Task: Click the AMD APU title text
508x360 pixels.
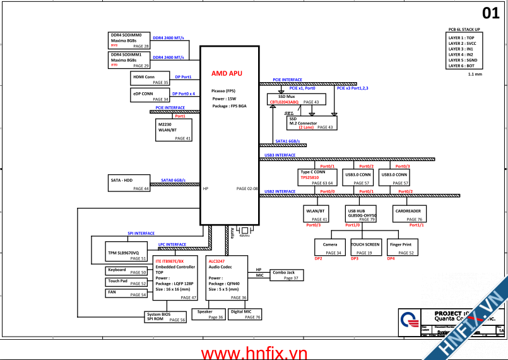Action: (x=227, y=73)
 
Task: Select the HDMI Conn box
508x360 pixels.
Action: (x=150, y=79)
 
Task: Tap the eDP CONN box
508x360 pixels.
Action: (x=150, y=96)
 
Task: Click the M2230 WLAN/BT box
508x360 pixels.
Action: (x=174, y=130)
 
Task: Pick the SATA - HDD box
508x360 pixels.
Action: (x=129, y=183)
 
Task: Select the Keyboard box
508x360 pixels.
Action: (x=126, y=272)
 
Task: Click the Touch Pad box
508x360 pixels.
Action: (x=126, y=282)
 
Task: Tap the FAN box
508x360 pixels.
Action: (x=126, y=293)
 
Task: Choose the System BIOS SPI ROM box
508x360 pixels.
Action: (x=166, y=317)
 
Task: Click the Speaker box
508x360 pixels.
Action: (x=208, y=315)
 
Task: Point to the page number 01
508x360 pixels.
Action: (x=490, y=13)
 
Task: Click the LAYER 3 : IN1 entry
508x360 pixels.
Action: (x=465, y=49)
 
